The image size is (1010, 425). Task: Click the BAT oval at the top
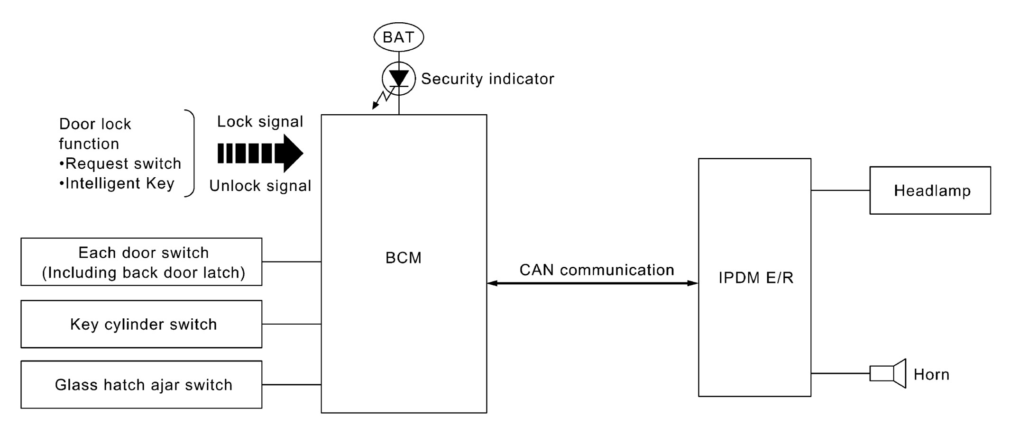point(398,37)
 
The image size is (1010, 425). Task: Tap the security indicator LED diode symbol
point(399,79)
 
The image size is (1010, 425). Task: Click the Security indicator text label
point(487,79)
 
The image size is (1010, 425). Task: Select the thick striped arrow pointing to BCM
point(260,153)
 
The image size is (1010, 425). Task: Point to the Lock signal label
point(260,122)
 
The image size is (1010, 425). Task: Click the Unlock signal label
point(260,186)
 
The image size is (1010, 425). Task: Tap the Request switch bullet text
point(120,163)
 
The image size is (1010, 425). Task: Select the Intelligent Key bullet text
point(117,183)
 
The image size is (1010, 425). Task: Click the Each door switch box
point(141,262)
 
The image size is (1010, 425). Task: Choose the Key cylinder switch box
point(141,324)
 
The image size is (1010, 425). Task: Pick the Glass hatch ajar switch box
point(141,385)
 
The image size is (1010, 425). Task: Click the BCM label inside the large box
point(404,258)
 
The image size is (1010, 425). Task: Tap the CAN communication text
point(597,270)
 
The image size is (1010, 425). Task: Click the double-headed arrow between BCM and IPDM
point(593,283)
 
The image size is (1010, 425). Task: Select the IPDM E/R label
point(756,278)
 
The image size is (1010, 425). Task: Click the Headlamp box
point(930,190)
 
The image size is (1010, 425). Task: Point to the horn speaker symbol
point(888,373)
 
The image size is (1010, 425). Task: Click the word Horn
point(931,375)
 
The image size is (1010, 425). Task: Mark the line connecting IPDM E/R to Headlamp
point(840,190)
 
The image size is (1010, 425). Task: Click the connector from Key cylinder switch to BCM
point(292,324)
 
